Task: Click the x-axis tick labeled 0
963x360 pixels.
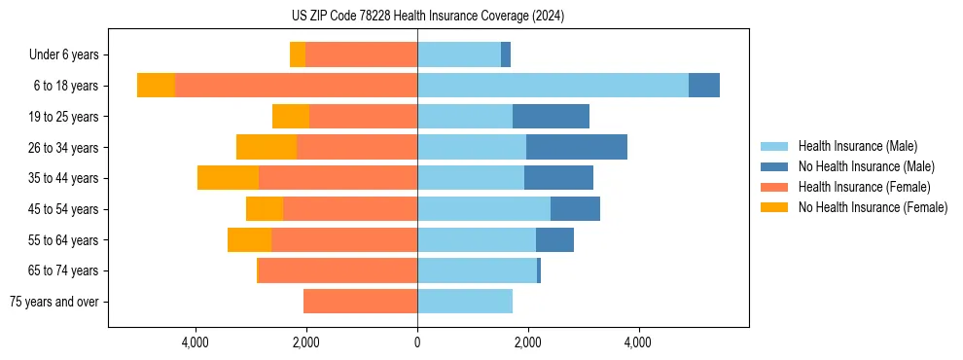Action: [417, 342]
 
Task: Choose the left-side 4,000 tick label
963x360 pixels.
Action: [196, 342]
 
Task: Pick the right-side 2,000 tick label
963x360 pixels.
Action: [528, 342]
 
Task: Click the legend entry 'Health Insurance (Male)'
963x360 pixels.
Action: [857, 146]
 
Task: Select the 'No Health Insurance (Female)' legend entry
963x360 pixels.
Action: [873, 207]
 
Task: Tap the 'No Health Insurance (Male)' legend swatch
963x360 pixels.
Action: [776, 166]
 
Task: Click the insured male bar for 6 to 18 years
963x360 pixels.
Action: [553, 86]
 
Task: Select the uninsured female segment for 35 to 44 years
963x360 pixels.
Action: [228, 178]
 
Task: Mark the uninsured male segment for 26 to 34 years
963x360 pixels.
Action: [577, 147]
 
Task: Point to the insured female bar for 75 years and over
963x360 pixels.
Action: [360, 302]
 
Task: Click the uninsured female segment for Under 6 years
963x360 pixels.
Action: [298, 55]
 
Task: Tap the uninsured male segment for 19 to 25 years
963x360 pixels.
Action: [551, 117]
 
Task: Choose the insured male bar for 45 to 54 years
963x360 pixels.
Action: [483, 209]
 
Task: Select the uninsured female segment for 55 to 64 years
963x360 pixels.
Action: [249, 239]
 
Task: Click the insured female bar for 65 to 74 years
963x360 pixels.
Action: [339, 270]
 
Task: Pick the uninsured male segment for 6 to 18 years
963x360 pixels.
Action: [704, 86]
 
